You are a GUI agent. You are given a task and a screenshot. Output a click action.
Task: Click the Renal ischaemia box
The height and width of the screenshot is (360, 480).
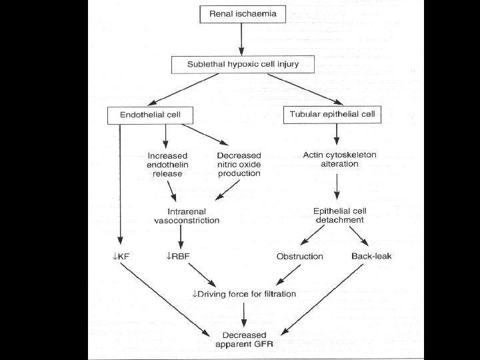point(243,13)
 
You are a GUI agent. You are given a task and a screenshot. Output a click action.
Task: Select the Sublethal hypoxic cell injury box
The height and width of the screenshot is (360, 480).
point(243,65)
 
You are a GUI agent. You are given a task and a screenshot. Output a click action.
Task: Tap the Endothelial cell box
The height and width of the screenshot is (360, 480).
point(149,115)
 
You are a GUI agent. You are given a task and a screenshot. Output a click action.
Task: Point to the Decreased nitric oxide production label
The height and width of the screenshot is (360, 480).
point(239,165)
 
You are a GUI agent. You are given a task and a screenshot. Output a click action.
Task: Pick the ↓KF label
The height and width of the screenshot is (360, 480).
point(120,256)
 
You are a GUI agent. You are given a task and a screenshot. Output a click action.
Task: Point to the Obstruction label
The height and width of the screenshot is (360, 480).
point(300,256)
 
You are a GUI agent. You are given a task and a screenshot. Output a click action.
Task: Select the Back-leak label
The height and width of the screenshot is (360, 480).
point(367,256)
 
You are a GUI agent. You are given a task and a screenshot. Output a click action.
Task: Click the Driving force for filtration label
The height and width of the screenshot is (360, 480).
point(244,293)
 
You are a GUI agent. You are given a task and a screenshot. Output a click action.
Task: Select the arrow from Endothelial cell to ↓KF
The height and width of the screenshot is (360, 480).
point(120,183)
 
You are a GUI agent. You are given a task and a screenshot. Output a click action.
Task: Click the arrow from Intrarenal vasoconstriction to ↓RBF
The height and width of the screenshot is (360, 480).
point(180,236)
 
